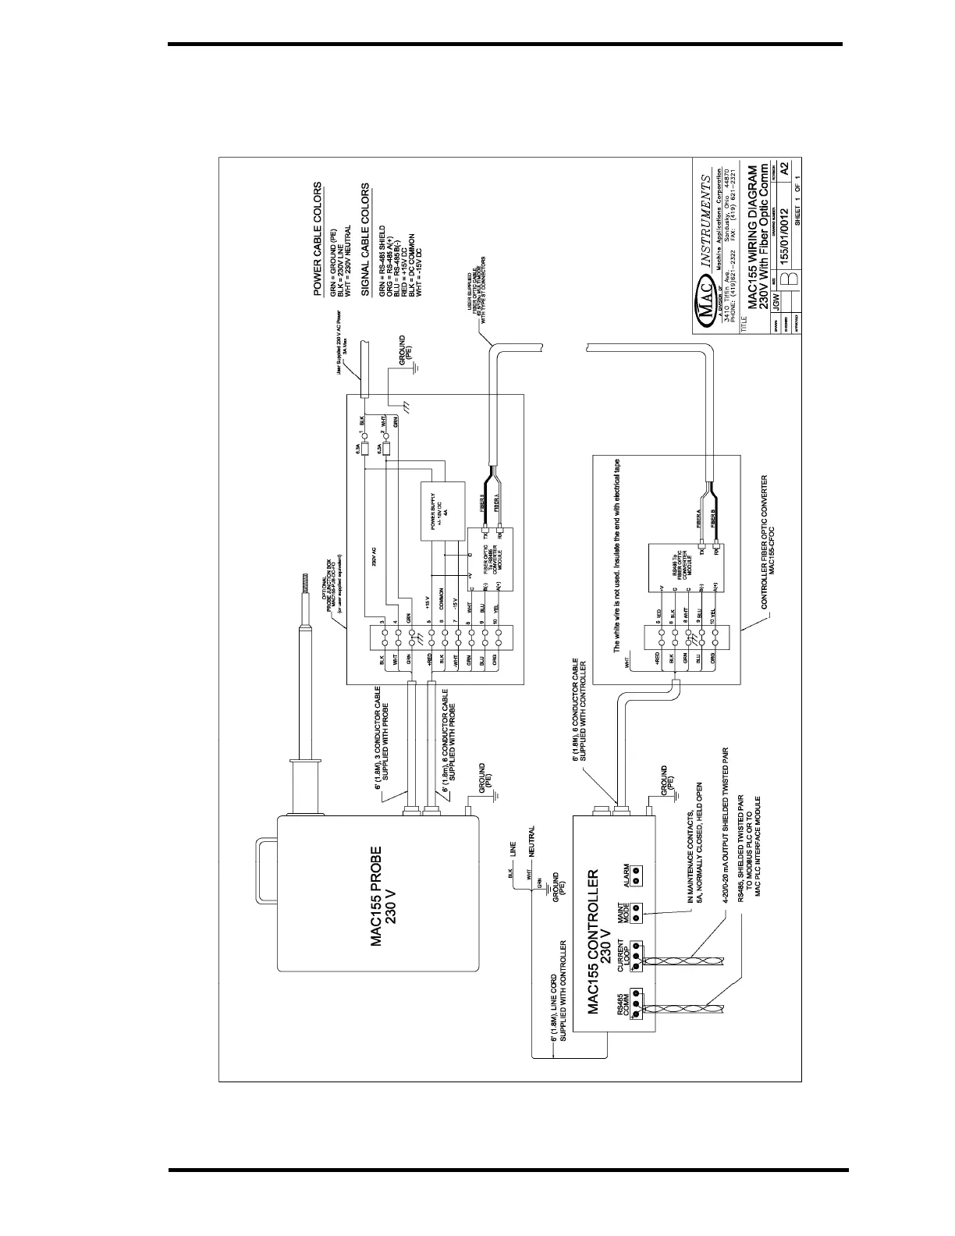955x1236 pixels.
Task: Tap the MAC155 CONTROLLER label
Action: coord(602,943)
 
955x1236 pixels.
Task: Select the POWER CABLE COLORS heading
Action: coord(318,240)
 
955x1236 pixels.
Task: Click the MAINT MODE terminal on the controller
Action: coord(637,912)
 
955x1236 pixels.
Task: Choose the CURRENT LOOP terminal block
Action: coord(637,957)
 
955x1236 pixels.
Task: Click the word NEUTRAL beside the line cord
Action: coord(533,844)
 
